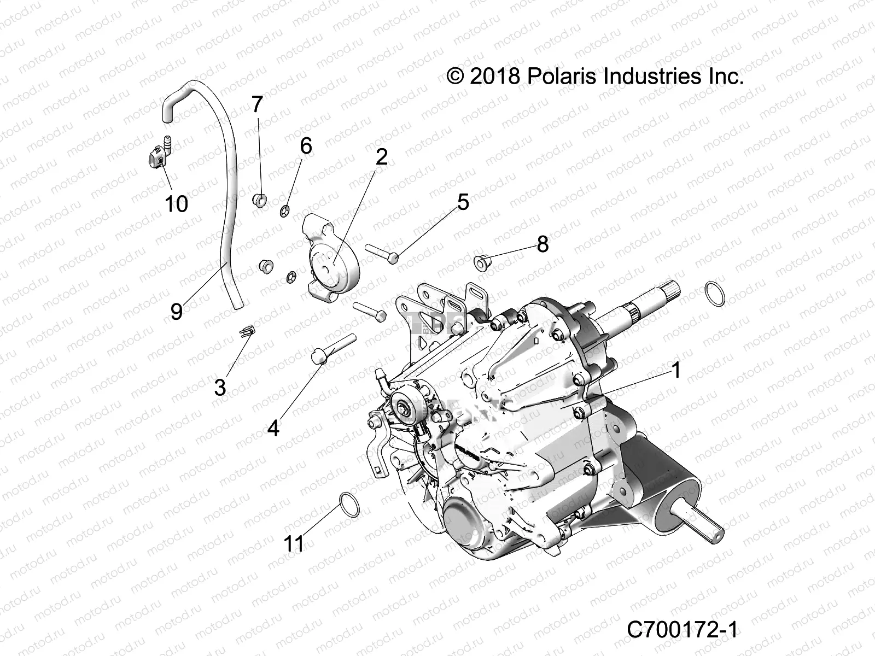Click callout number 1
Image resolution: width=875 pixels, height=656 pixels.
676,371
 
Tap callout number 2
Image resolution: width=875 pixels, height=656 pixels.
381,157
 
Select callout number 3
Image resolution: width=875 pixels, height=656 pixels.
220,388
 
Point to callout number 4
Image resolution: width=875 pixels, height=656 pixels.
273,429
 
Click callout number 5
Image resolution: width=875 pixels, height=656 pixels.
463,203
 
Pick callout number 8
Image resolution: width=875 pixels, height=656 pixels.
542,244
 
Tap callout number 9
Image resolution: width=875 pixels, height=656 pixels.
176,312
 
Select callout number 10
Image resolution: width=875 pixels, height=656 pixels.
176,204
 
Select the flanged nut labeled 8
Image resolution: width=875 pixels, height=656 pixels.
482,261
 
